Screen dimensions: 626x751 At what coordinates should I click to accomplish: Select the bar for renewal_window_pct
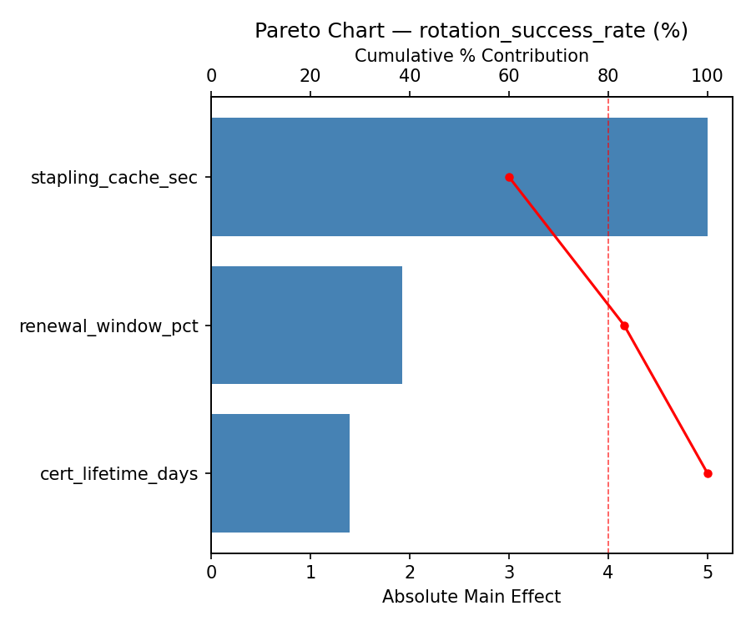pyautogui.click(x=306, y=326)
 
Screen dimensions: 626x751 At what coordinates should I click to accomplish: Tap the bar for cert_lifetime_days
pyautogui.click(x=280, y=473)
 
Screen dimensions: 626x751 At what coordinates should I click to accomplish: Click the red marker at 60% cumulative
pyautogui.click(x=509, y=177)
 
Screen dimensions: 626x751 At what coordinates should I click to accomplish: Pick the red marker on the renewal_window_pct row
pyautogui.click(x=624, y=326)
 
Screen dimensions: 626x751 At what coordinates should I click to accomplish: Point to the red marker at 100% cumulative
pyautogui.click(x=708, y=473)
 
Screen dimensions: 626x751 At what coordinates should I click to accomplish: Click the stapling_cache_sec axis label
pyautogui.click(x=114, y=178)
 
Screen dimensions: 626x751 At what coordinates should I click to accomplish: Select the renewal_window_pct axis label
pyautogui.click(x=108, y=326)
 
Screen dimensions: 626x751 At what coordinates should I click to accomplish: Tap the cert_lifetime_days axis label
pyautogui.click(x=119, y=474)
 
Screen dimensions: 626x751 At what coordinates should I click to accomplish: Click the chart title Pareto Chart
pyautogui.click(x=471, y=31)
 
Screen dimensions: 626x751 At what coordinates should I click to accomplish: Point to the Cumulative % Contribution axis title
pyautogui.click(x=471, y=56)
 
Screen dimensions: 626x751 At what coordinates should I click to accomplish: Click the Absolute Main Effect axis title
pyautogui.click(x=471, y=597)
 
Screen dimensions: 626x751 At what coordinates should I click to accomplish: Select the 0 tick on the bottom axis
pyautogui.click(x=211, y=573)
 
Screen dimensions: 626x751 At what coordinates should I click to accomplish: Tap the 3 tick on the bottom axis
pyautogui.click(x=509, y=573)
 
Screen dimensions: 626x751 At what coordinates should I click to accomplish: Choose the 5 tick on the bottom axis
pyautogui.click(x=708, y=573)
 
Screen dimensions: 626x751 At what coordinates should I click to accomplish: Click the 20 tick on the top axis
pyautogui.click(x=310, y=76)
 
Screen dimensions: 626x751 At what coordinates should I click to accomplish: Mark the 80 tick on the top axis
pyautogui.click(x=608, y=76)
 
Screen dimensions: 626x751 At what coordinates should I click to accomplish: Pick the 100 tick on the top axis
pyautogui.click(x=708, y=76)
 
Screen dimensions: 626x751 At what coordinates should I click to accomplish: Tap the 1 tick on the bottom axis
pyautogui.click(x=310, y=573)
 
